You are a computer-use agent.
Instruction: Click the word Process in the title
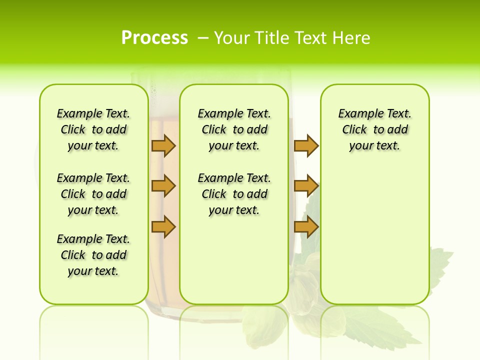click(x=154, y=37)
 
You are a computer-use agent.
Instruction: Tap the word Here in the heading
click(x=352, y=38)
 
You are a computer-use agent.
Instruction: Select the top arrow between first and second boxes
click(x=163, y=145)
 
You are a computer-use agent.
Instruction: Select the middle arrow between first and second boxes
click(x=163, y=186)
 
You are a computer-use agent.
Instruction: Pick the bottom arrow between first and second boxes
click(x=163, y=227)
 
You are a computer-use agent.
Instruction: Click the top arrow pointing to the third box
click(x=306, y=145)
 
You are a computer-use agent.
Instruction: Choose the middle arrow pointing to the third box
click(x=306, y=186)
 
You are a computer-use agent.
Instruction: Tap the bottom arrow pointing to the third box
click(x=306, y=227)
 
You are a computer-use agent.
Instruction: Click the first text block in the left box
click(x=93, y=129)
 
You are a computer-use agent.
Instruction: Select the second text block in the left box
click(x=93, y=194)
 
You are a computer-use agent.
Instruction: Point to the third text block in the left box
click(x=93, y=255)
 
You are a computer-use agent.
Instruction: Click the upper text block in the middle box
click(x=234, y=129)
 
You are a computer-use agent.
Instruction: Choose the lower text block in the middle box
click(x=234, y=194)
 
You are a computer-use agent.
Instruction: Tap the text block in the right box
click(x=374, y=129)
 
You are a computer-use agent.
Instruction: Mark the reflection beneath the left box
click(x=93, y=330)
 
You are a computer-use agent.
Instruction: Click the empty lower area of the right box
click(x=374, y=240)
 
